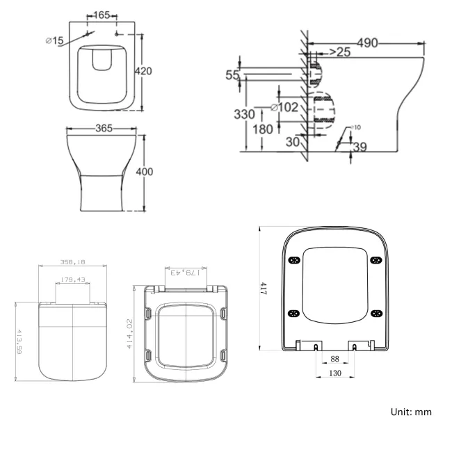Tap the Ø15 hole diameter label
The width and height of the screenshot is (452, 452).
coord(54,41)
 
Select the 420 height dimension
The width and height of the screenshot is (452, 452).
coord(153,71)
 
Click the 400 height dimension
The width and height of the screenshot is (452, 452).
coord(154,172)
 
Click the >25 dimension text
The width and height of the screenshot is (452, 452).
coord(338,52)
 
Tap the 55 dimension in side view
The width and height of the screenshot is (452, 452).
coord(232,75)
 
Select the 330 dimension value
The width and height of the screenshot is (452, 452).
coord(243,114)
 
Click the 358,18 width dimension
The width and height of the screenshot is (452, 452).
coord(72,263)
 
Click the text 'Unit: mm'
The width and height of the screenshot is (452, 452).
coord(411,412)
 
